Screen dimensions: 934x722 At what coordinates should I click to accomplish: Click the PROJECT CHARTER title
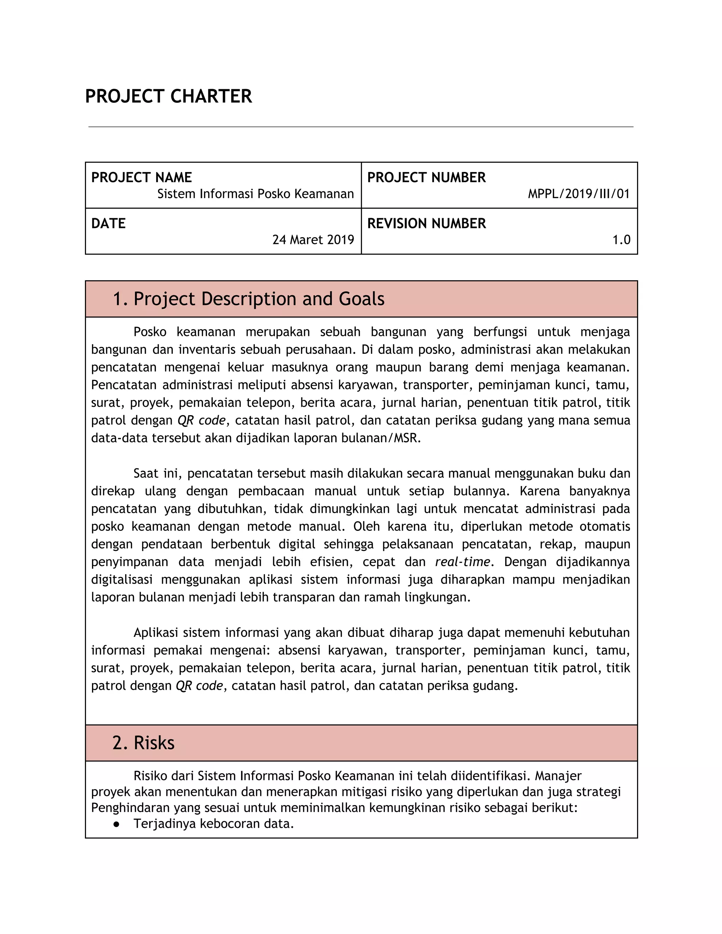click(x=169, y=96)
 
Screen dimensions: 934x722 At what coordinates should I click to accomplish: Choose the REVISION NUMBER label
click(x=427, y=223)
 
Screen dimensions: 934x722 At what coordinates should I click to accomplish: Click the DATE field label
click(x=108, y=223)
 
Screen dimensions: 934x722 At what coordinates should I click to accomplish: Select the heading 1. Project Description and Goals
click(x=248, y=299)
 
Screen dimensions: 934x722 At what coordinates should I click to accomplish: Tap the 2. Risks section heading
click(x=143, y=743)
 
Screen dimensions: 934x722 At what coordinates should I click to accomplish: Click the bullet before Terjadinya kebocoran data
click(x=116, y=824)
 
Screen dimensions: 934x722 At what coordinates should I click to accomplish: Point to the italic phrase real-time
click(x=463, y=561)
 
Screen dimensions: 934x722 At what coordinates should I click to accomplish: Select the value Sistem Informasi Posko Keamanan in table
click(x=255, y=194)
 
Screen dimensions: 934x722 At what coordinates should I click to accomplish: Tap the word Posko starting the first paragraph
click(x=150, y=332)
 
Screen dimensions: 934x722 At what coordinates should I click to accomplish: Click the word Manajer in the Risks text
click(x=558, y=776)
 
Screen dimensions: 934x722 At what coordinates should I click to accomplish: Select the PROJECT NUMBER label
click(x=427, y=178)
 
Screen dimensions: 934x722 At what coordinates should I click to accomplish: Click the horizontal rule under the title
click(x=361, y=127)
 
